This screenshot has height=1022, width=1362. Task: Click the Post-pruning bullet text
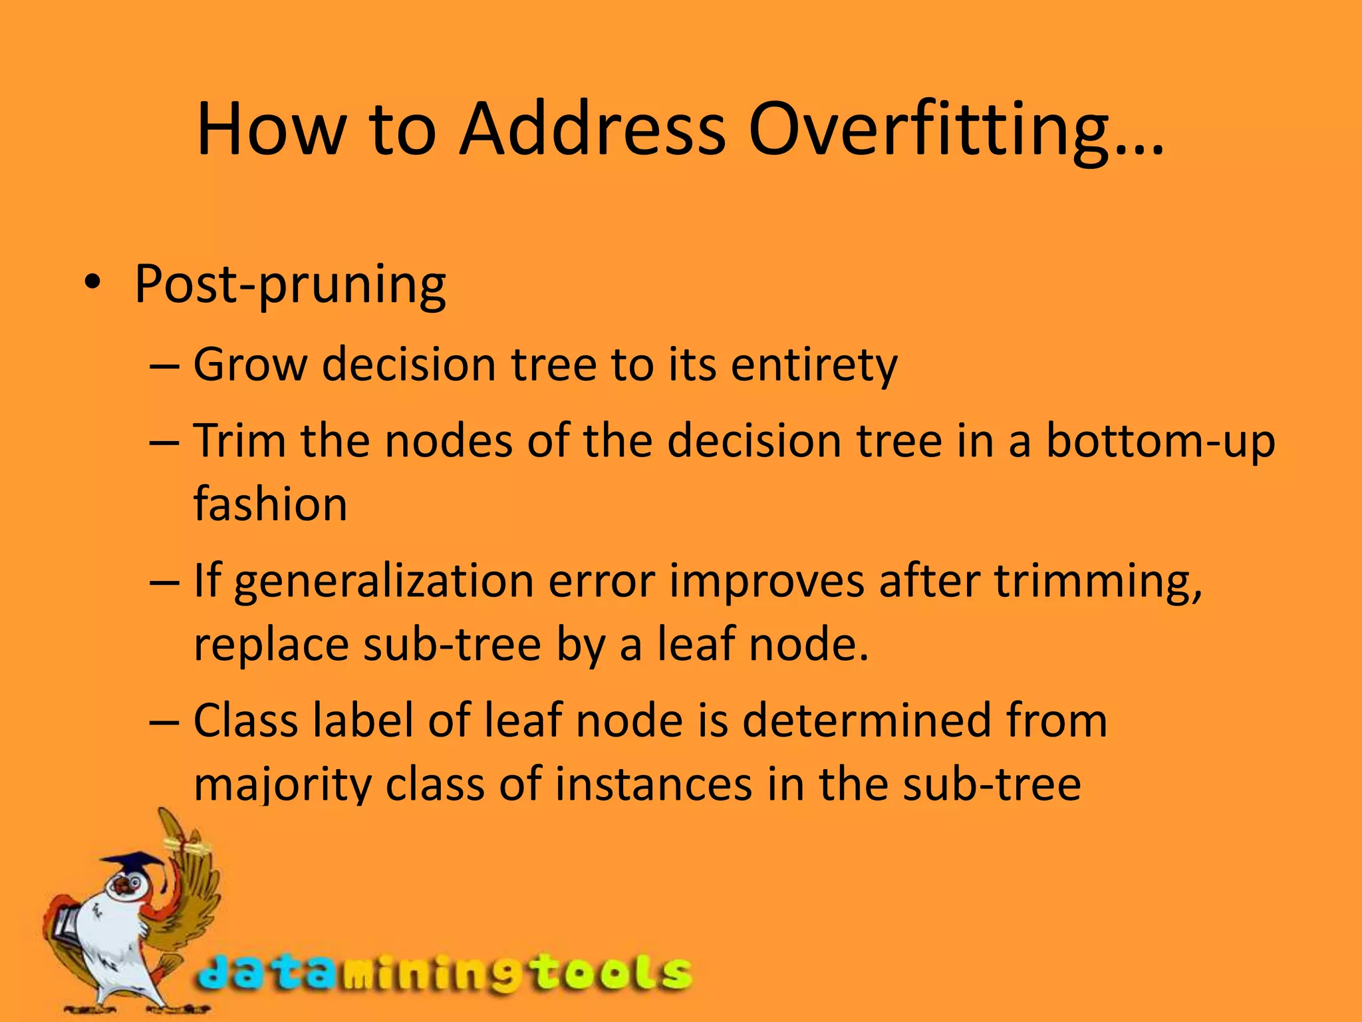290,285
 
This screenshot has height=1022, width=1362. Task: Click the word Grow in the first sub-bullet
250,365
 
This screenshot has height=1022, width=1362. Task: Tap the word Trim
239,440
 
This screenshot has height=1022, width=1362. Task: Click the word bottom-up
1160,442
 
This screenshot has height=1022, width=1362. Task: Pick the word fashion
270,504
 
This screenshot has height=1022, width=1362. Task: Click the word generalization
384,582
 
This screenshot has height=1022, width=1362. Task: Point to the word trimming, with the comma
1098,582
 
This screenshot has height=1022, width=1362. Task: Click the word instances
653,784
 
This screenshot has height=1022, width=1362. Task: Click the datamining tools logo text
444,974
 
